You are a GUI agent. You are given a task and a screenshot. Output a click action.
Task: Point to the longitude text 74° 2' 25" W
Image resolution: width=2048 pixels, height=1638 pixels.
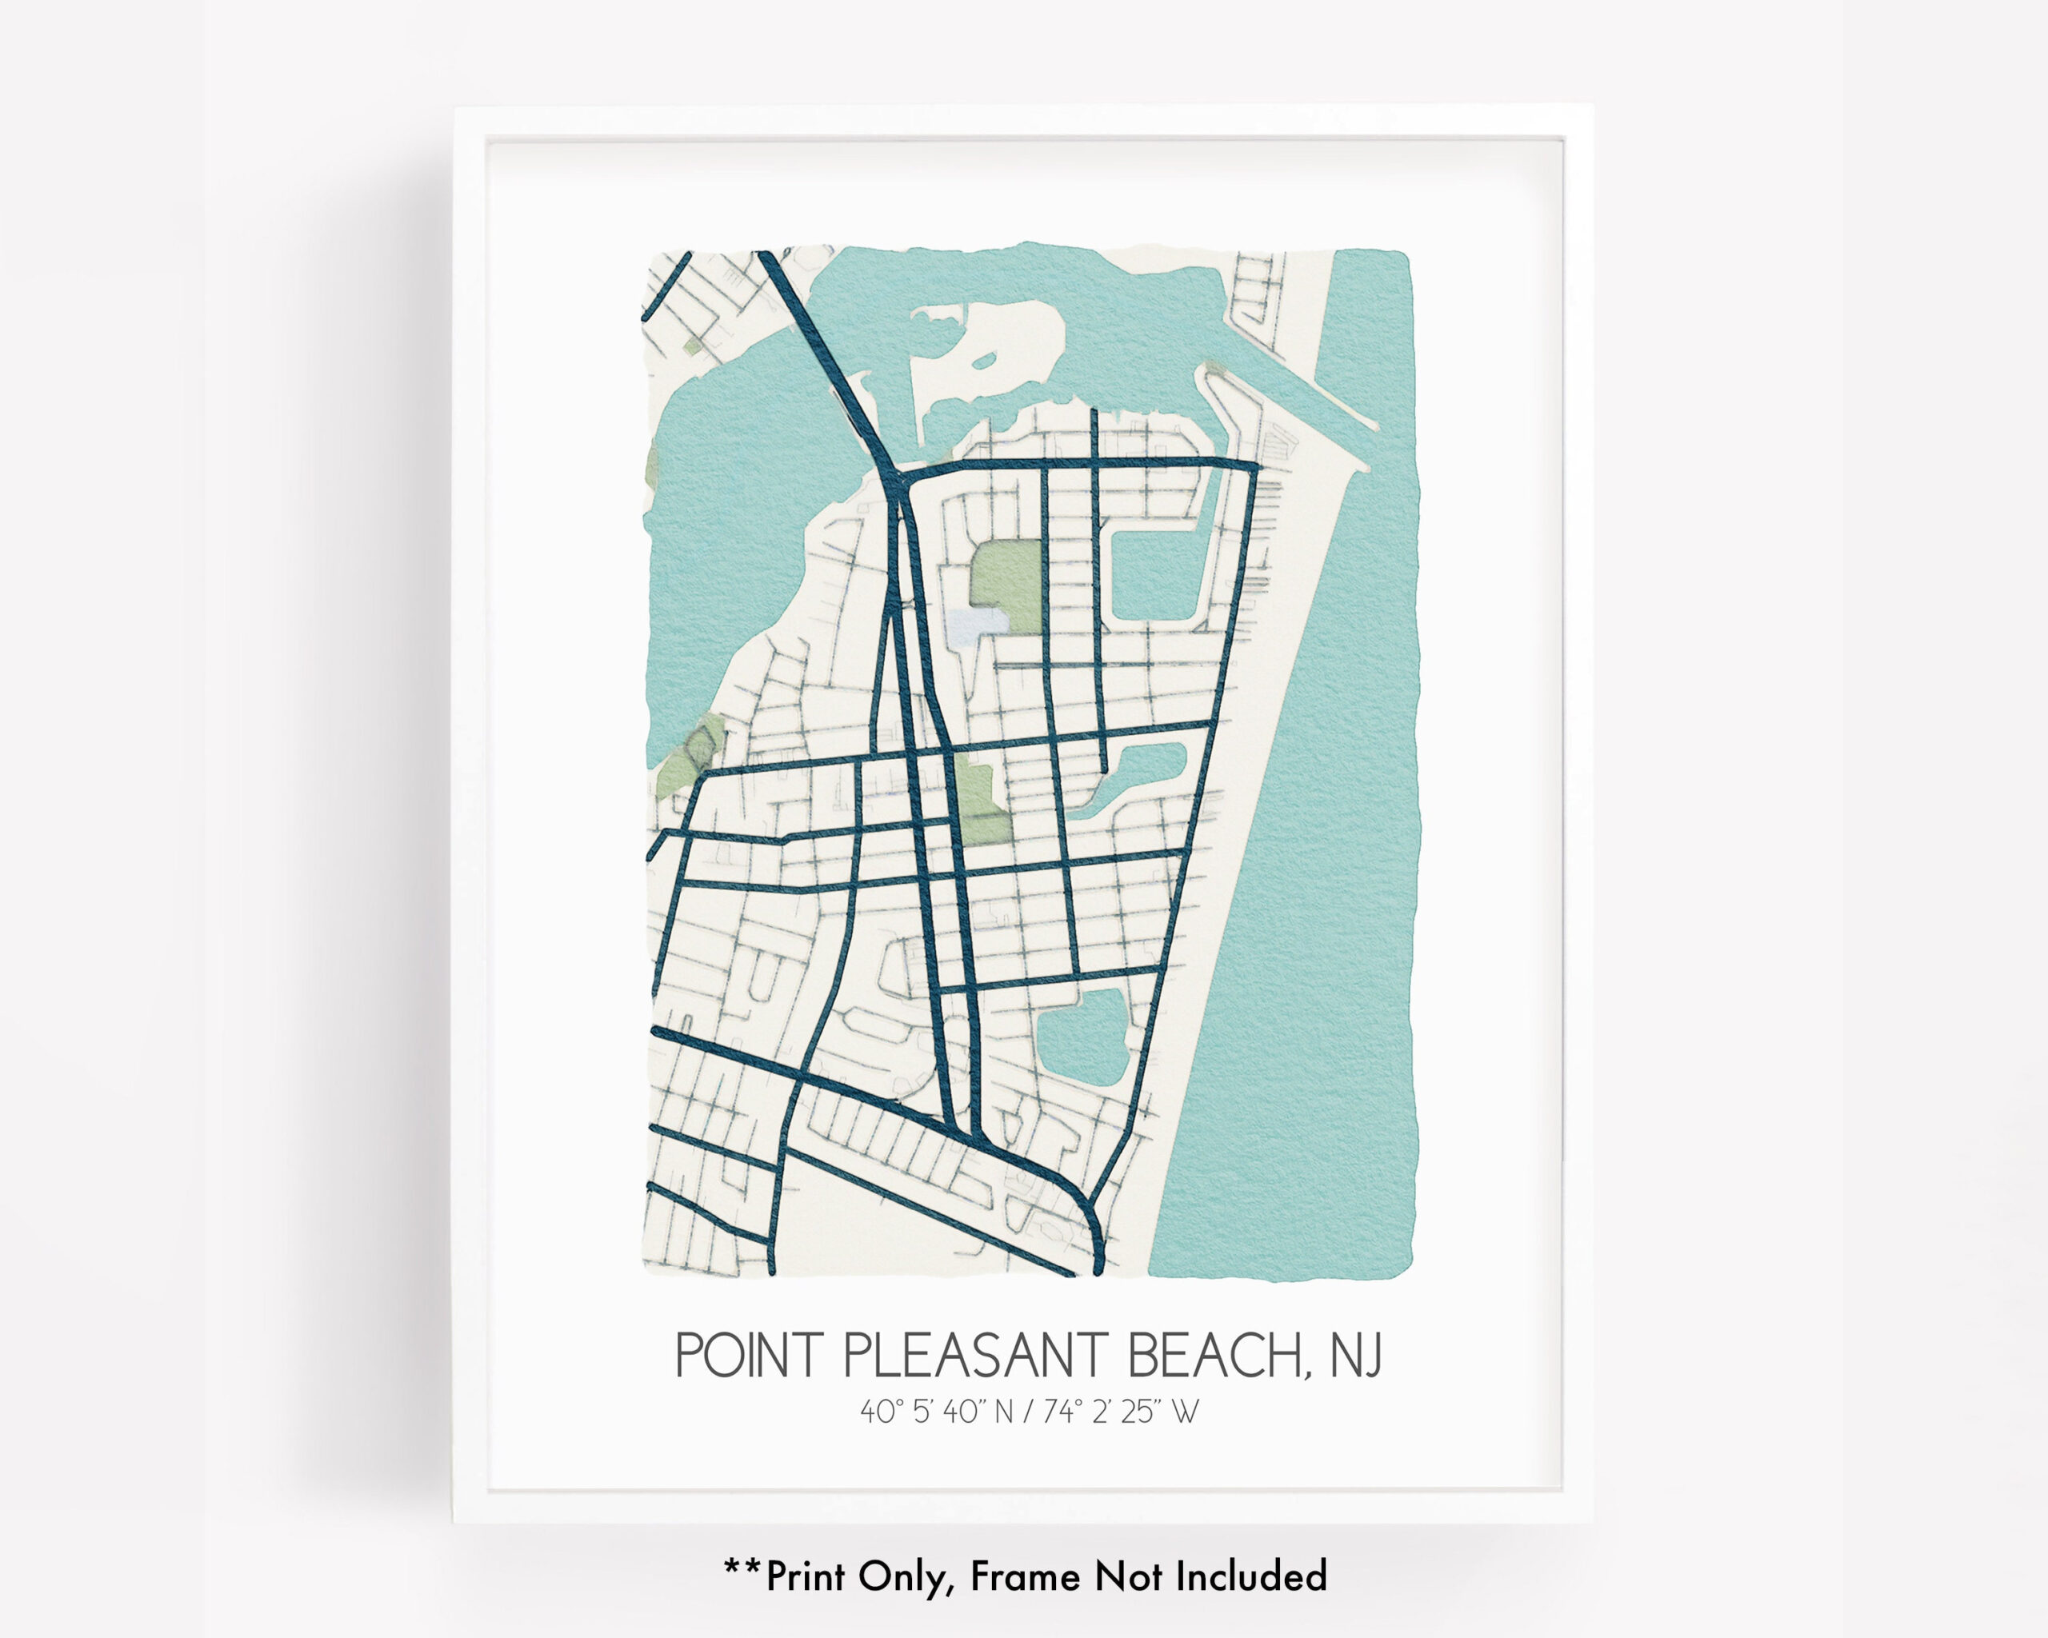coord(1121,1412)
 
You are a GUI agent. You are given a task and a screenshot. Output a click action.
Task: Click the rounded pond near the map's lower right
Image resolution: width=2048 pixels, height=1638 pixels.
coord(1083,1040)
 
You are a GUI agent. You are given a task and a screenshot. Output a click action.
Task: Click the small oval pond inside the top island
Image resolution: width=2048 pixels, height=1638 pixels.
coord(983,361)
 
